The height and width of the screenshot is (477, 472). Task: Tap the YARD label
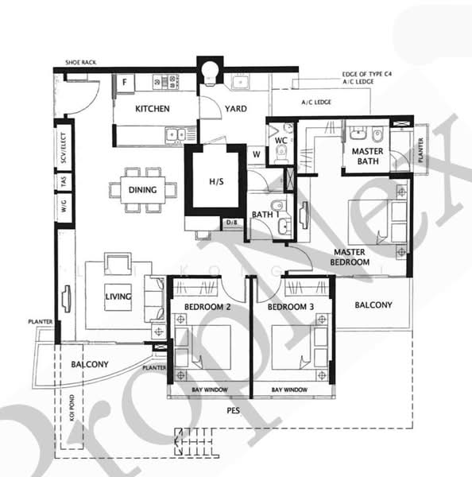234,109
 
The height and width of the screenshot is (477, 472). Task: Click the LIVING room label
118,297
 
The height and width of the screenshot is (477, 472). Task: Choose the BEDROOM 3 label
287,306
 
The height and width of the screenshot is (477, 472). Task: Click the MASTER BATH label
366,156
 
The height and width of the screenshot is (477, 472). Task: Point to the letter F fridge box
125,82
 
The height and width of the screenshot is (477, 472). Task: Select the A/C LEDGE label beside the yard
315,103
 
